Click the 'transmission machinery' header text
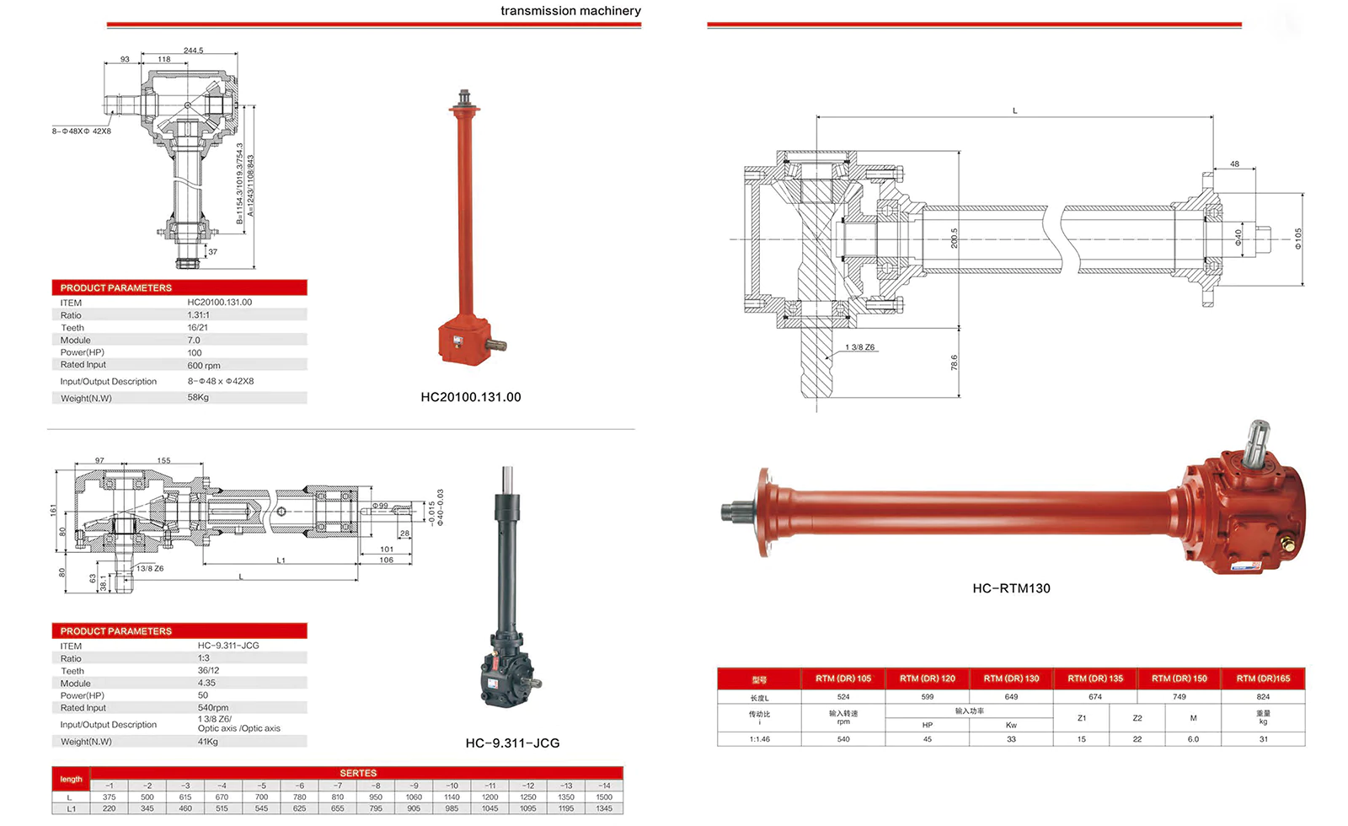tap(570, 11)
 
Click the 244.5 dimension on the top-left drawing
tap(193, 51)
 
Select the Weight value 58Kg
tap(198, 398)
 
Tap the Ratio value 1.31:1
tap(198, 315)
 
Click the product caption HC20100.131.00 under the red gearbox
tap(470, 397)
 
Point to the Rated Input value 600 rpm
tap(203, 366)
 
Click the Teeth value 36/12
tap(208, 671)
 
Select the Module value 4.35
tap(206, 684)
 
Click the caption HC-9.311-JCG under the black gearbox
tap(512, 743)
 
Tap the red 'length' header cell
tap(71, 780)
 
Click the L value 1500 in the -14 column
tap(604, 797)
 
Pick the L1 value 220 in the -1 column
tap(109, 809)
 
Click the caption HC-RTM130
tap(1011, 588)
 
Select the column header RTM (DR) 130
tap(1011, 678)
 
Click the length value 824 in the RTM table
tap(1263, 697)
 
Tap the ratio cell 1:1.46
tap(759, 739)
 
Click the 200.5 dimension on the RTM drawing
tap(954, 238)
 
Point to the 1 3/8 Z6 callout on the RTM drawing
tap(859, 347)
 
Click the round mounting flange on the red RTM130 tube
tap(763, 512)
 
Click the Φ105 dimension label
tap(1298, 239)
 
